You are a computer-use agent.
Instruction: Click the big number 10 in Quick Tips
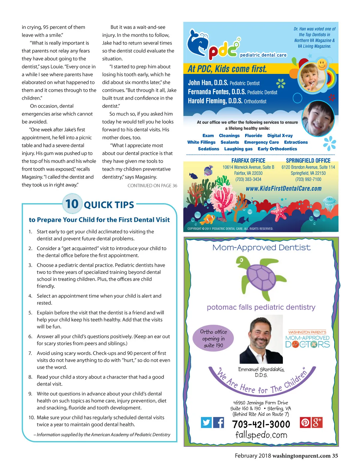coord(72,204)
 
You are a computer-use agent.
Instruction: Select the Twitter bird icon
coord(206,422)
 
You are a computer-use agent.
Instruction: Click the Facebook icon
coord(219,422)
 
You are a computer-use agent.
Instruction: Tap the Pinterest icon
coord(305,422)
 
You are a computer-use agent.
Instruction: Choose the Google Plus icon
coord(317,422)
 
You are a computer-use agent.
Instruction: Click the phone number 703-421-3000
coord(261,424)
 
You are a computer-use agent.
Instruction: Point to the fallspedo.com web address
coord(261,435)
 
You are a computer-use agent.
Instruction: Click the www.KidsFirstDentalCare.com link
coord(283,189)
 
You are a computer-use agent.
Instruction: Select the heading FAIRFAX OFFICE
coord(248,161)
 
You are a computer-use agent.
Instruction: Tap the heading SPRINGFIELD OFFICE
coord(308,161)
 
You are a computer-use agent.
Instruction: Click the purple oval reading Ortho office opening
coord(213,338)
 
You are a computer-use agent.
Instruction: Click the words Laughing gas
coord(238,149)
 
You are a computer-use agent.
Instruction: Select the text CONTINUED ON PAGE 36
coord(152,186)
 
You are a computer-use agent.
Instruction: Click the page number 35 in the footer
coord(335,456)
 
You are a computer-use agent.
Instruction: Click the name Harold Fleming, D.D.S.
coord(215,101)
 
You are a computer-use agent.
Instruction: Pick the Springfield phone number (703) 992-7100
coord(308,180)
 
